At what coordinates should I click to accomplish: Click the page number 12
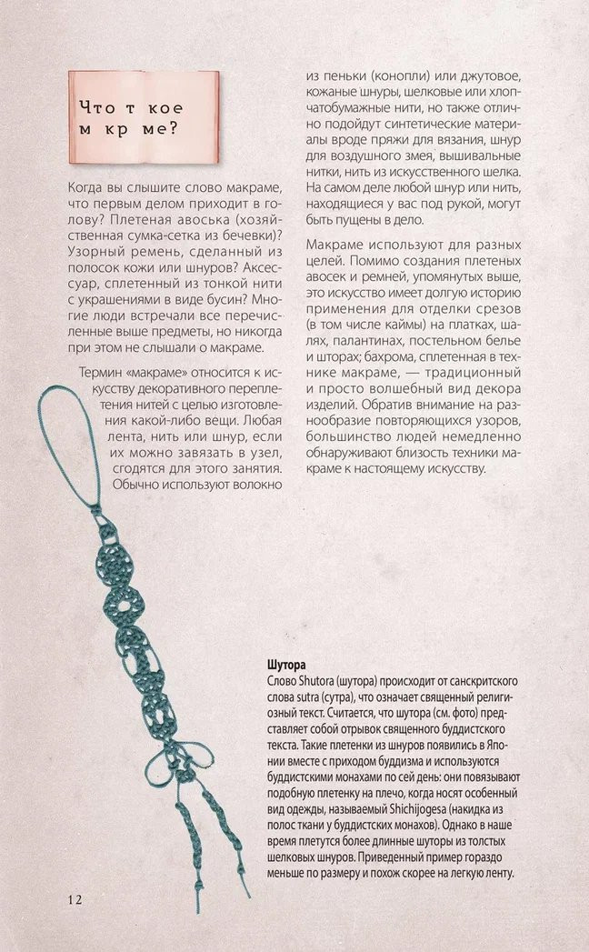[x=75, y=899]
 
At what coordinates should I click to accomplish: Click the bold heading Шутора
[x=287, y=665]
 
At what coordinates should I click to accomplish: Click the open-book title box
[x=143, y=116]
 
